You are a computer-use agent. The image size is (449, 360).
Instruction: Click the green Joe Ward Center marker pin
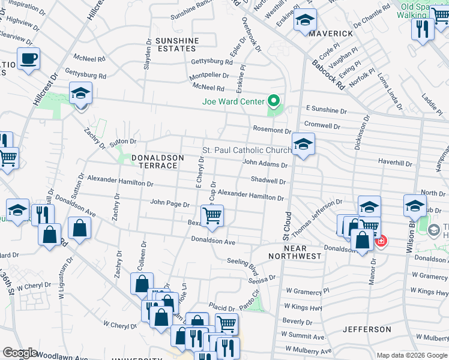pos(274,101)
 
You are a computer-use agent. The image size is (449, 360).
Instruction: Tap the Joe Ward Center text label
pos(234,101)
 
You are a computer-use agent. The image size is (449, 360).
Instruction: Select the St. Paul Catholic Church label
pos(247,150)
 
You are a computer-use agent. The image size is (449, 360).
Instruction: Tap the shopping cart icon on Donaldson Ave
pos(212,216)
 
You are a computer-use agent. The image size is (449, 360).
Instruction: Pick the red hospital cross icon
pos(381,241)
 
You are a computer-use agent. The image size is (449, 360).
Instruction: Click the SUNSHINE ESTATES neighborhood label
pos(177,45)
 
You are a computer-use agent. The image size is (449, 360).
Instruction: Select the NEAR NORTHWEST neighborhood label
pos(295,252)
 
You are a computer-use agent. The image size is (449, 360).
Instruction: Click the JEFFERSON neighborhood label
pos(367,329)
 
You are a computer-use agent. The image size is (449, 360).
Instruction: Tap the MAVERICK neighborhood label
pos(331,34)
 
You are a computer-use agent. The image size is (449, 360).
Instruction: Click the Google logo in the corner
pos(20,353)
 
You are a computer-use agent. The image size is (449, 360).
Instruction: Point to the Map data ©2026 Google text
pos(411,355)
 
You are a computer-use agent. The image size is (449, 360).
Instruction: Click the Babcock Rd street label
pos(328,73)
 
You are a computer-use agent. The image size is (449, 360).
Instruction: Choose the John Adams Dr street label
pos(265,163)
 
